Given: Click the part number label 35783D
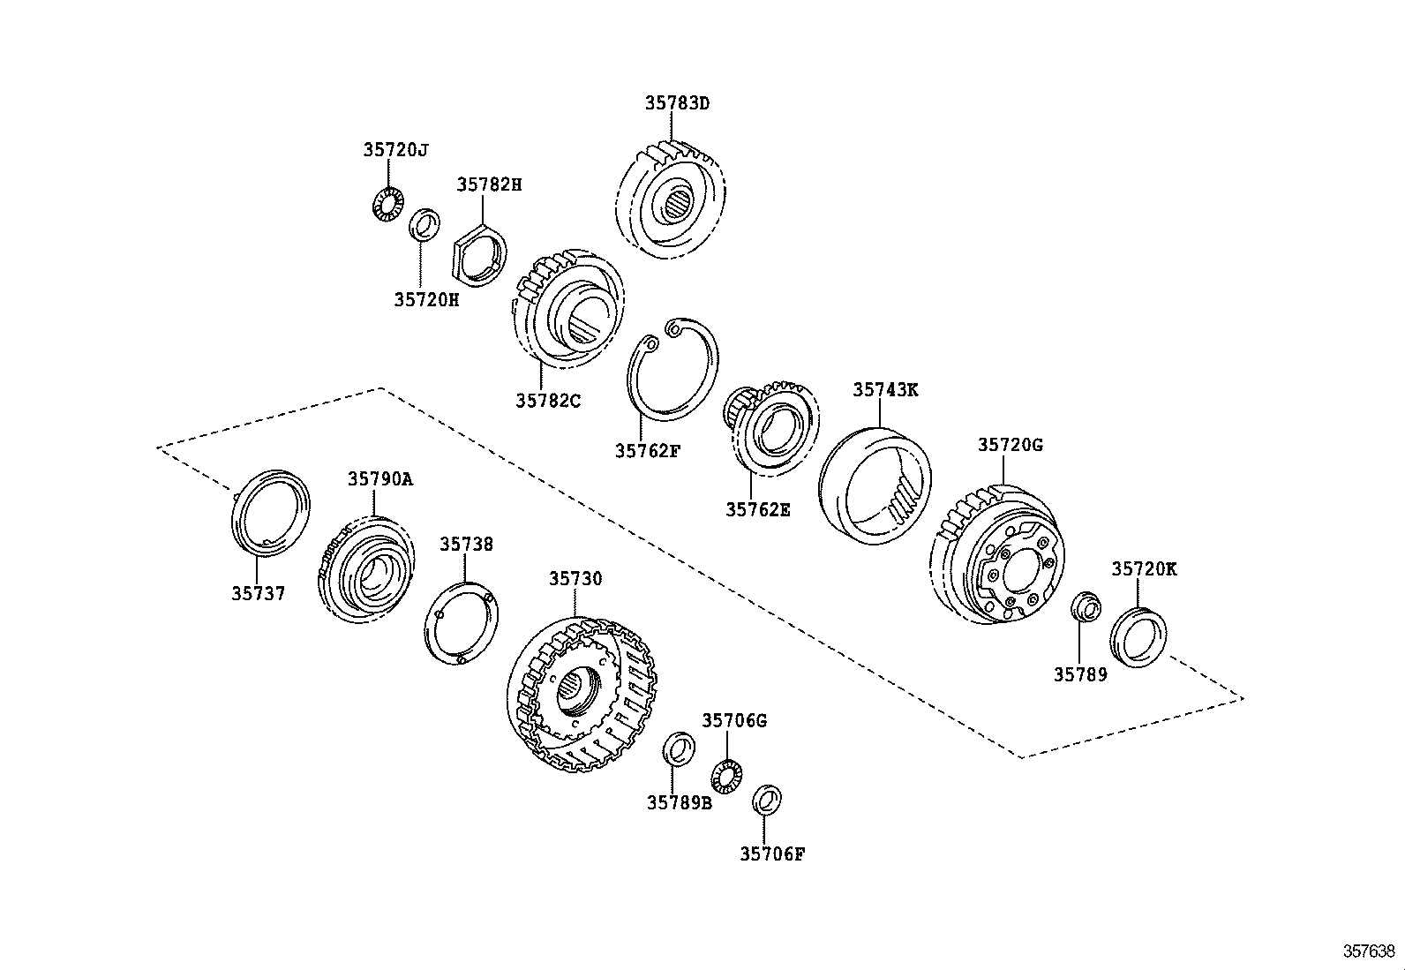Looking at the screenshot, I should coord(677,102).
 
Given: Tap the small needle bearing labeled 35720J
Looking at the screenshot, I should coord(385,205).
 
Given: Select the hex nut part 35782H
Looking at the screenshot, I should coord(480,255).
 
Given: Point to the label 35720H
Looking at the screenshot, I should coord(426,299).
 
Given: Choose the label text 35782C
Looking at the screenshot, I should coord(548,400).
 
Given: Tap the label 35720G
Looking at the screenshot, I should coord(1010,445).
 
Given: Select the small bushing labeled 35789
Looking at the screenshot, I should coord(1085,609).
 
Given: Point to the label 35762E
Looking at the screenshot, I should coord(758,508).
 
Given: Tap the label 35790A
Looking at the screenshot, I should coord(379,479).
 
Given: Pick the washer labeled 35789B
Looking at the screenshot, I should coord(678,749).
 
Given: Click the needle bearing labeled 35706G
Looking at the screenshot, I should coord(726,775).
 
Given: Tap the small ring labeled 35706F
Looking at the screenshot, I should coord(765,800).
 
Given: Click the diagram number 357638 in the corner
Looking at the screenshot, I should coord(1369,951).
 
